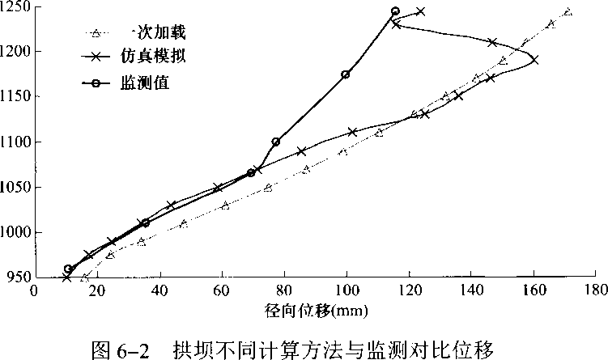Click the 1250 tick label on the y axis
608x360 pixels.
pos(15,7)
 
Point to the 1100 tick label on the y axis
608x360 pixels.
pos(15,142)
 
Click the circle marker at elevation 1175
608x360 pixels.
pos(346,74)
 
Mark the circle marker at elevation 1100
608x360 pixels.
pos(276,142)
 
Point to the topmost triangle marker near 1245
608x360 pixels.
pos(568,12)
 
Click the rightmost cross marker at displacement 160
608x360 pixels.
pos(534,60)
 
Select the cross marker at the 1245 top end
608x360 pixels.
pos(421,11)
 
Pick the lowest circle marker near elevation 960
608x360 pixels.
pos(68,269)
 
